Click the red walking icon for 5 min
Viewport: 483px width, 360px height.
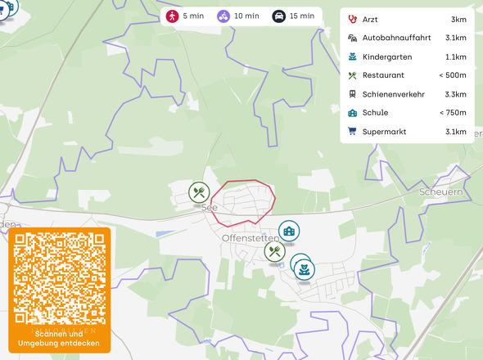[173, 16]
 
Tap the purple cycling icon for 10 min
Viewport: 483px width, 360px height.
[223, 16]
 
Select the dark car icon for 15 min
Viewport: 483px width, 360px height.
[278, 16]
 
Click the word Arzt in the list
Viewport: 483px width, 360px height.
[371, 19]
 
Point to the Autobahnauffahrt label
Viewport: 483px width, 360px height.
[396, 38]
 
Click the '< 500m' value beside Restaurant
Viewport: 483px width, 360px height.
[453, 75]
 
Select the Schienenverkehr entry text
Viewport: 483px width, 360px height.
[393, 94]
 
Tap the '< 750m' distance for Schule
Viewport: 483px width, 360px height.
[453, 113]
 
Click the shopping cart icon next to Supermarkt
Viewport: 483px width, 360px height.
[352, 132]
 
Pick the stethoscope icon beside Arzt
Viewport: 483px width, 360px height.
[352, 19]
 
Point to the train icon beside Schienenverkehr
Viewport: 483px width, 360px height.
[352, 94]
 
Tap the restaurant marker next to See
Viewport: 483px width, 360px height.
[199, 192]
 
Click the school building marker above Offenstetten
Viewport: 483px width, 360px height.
[288, 231]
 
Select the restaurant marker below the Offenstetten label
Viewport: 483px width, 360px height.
[273, 251]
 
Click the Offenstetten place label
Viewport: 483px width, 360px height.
[250, 238]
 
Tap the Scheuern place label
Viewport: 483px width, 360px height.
[440, 191]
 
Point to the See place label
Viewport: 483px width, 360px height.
[210, 208]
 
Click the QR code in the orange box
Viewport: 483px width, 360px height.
[61, 278]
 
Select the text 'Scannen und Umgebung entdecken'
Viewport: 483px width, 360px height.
[61, 338]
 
